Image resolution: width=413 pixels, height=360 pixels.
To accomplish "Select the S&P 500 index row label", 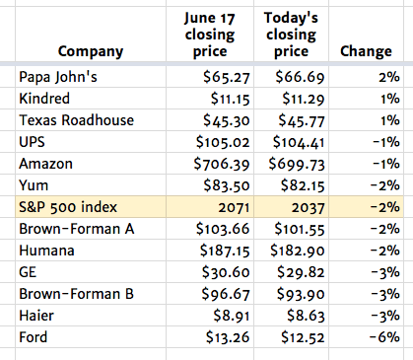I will [x=66, y=206].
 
